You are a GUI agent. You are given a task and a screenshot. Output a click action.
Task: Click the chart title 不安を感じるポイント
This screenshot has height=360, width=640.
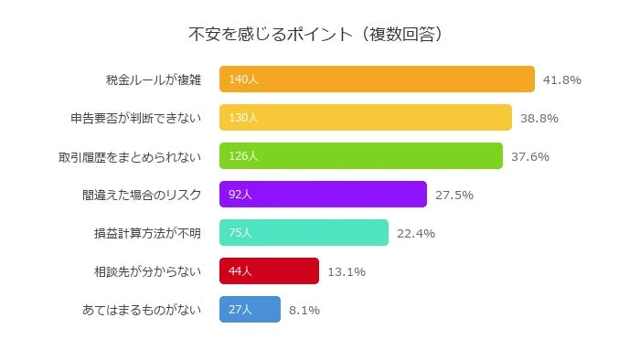point(315,35)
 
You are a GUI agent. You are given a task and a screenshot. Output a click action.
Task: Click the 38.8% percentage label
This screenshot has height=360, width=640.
point(539,118)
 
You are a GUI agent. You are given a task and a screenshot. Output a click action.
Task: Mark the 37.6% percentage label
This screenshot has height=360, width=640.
point(529,156)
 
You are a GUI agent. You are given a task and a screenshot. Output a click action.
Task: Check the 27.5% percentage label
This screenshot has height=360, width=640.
point(453,195)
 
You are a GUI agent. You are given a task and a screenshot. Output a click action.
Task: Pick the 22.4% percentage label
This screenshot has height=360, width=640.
point(415,233)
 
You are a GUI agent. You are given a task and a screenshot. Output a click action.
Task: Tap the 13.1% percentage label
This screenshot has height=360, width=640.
point(346,271)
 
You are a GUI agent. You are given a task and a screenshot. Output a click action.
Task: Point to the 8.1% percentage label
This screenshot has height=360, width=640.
point(304,310)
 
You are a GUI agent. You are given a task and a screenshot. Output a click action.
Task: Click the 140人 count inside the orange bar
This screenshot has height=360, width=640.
point(243,79)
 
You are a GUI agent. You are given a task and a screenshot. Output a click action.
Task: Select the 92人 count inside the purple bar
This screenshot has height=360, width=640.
point(240,195)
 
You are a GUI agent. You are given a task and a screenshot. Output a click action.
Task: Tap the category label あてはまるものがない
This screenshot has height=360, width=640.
point(141,310)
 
